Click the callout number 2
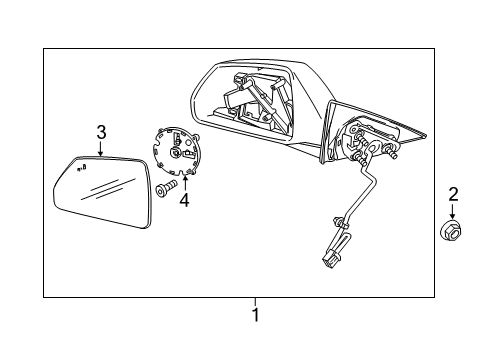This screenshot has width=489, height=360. coord(452,195)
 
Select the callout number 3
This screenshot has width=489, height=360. coord(100,132)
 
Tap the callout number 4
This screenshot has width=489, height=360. coord(183,200)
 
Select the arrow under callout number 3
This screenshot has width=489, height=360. coord(100,150)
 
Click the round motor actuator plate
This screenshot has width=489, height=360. coord(177,150)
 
